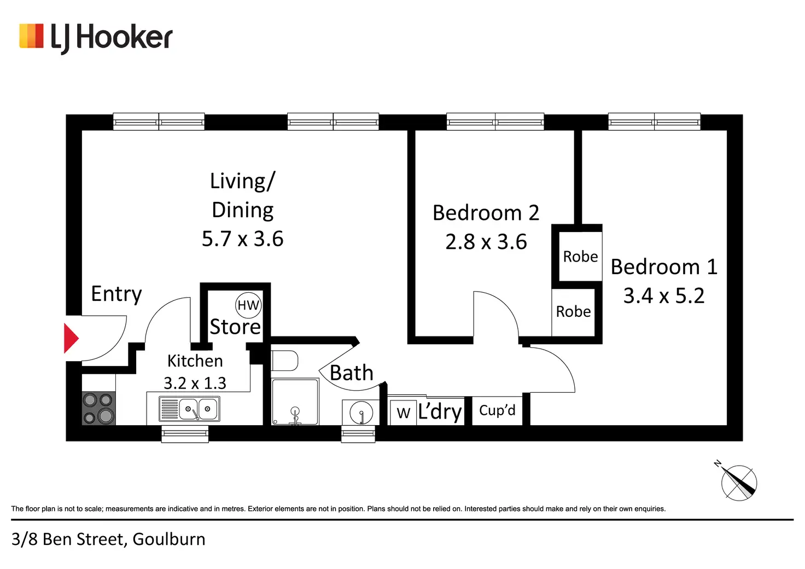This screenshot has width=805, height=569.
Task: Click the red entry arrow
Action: coord(71,339)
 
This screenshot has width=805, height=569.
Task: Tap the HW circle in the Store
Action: coord(248,305)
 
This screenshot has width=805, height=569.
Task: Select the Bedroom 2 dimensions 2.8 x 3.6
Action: coord(486,242)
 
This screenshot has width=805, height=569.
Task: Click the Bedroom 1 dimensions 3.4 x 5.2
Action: coord(664,296)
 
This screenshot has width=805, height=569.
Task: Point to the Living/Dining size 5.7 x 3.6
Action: coord(243,239)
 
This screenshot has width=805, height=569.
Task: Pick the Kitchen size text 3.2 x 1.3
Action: coord(195,383)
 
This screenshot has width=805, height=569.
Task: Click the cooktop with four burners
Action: coord(98,408)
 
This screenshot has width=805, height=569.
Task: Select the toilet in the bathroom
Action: coord(285,361)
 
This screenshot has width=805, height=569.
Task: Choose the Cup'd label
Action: coord(497,410)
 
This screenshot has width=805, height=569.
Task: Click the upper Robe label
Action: coord(580,257)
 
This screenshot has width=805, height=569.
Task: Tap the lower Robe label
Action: coord(573,312)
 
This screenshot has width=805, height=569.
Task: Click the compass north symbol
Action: coord(738,482)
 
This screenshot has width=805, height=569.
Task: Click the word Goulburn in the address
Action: coord(169,539)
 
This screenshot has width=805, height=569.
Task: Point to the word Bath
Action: coord(352,373)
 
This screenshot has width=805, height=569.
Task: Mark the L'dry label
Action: coord(440,411)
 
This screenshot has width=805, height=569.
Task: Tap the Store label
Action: coord(235,327)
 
